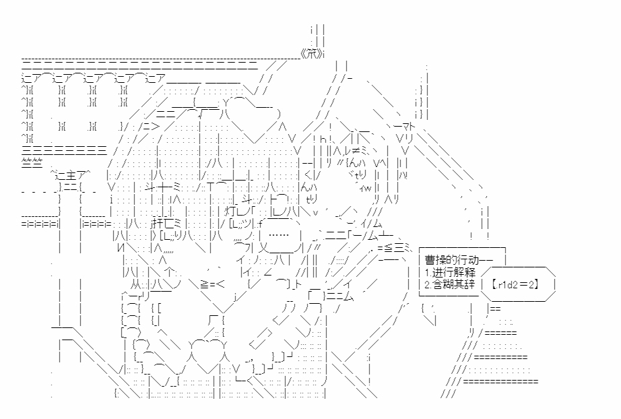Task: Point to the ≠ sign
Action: [x=360, y=152]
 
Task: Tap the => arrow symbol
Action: [x=148, y=127]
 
